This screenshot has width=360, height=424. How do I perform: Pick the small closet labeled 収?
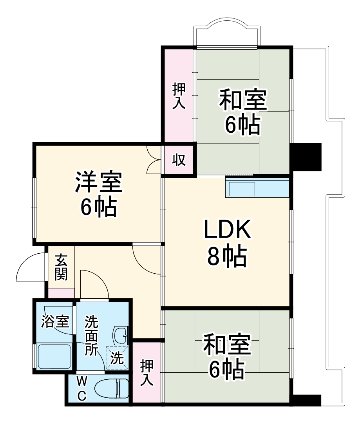(179, 160)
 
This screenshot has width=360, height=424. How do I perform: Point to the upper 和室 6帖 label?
(242, 112)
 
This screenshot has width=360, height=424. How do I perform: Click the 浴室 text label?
(55, 322)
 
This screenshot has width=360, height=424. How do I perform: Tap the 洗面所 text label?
(92, 336)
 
